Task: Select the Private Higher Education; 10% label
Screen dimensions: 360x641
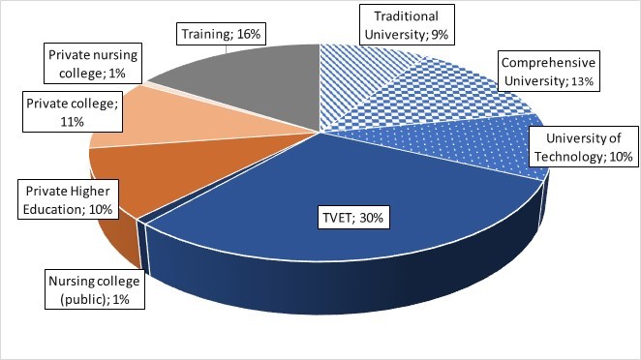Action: [x=63, y=199]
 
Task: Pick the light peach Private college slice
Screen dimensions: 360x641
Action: [x=155, y=126]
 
